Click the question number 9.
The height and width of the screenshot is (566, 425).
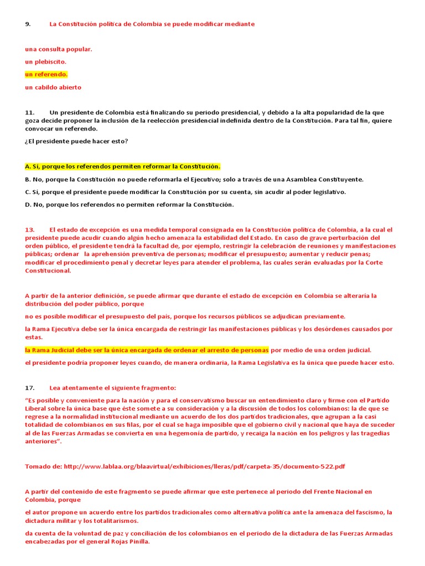[x=27, y=24]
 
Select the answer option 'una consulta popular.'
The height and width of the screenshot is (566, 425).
[x=59, y=49]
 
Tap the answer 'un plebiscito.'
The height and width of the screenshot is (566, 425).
[x=45, y=62]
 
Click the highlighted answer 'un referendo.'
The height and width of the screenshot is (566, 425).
[x=46, y=75]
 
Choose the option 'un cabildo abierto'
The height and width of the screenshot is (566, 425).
[x=53, y=87]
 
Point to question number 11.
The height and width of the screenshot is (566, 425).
[x=30, y=112]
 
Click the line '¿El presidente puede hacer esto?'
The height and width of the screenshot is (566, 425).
[x=76, y=141]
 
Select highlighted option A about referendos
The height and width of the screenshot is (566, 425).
[x=122, y=166]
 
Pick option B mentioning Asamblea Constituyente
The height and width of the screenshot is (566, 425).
[x=194, y=179]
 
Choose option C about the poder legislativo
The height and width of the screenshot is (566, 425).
[x=185, y=192]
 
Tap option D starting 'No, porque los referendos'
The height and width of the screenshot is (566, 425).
[x=129, y=205]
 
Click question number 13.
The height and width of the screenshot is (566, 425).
[x=30, y=229]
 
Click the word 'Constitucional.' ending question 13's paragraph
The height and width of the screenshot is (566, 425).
[x=48, y=271]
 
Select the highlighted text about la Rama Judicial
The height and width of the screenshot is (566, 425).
[x=147, y=350]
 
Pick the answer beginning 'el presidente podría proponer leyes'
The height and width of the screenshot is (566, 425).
[x=210, y=363]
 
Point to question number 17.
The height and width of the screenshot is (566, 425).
[x=30, y=387]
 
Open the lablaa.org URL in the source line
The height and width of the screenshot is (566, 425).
[x=204, y=467]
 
